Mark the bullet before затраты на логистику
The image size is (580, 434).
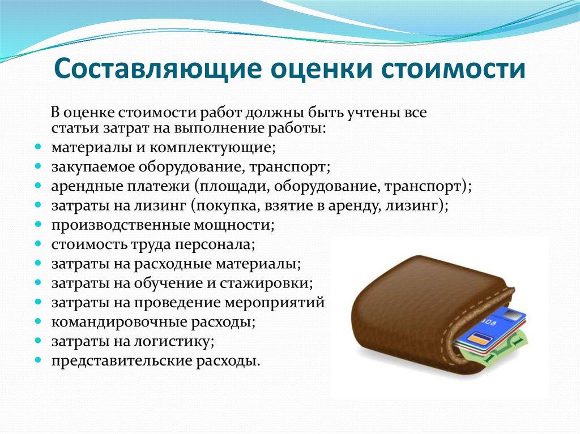[x=37, y=341]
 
